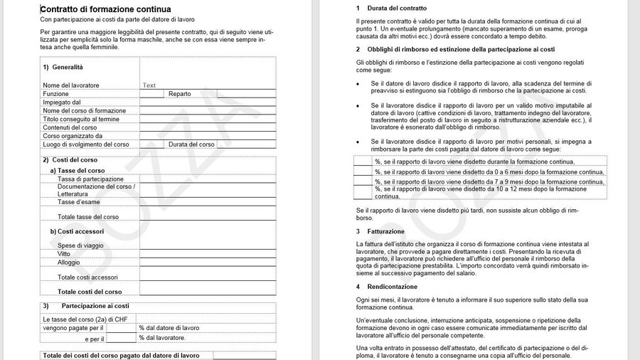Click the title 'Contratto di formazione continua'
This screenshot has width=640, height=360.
click(105, 9)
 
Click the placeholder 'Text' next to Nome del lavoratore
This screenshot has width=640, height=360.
click(149, 85)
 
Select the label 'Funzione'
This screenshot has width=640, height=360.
click(55, 94)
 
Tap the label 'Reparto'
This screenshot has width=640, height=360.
click(180, 94)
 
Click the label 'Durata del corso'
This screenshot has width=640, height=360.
click(191, 144)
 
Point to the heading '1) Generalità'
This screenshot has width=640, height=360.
click(63, 67)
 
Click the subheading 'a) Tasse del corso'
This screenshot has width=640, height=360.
click(77, 171)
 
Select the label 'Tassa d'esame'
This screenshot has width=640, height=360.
click(78, 202)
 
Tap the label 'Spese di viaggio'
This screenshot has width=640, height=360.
click(80, 245)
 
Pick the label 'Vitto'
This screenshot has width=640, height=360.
click(64, 254)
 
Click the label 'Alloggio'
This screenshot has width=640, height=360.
click(69, 263)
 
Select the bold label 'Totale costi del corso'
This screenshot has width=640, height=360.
click(90, 292)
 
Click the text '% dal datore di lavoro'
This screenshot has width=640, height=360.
click(169, 328)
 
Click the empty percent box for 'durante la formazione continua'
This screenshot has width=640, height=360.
click(363, 162)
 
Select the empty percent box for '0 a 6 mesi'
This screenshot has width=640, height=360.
click(363, 171)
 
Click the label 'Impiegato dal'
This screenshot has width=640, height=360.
click(61, 102)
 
